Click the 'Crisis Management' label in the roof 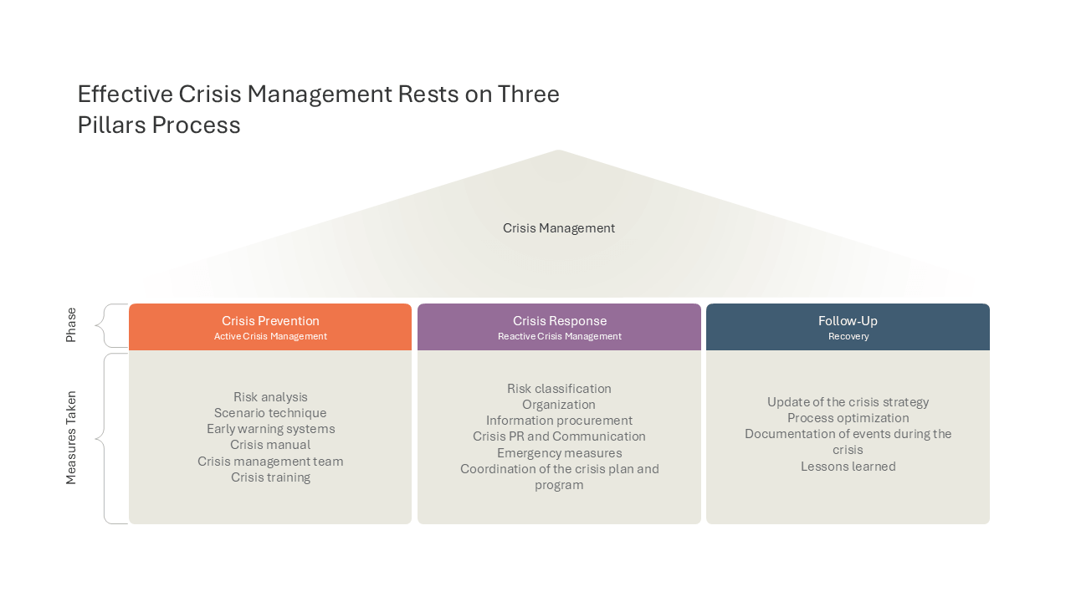558,228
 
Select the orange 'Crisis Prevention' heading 270,321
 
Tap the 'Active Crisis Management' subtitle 270,336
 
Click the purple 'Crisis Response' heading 560,321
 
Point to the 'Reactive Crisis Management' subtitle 560,336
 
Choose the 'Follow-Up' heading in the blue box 848,321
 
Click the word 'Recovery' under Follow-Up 848,337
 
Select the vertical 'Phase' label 71,325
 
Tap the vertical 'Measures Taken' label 71,438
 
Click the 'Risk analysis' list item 270,397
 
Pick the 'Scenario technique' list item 270,413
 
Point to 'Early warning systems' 270,429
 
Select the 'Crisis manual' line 270,445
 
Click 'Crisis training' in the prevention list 270,477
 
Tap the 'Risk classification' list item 559,389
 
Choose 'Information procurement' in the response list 559,421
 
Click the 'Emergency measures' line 560,453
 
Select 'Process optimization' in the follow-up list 848,418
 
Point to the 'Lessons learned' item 848,467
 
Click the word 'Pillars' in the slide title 111,125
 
